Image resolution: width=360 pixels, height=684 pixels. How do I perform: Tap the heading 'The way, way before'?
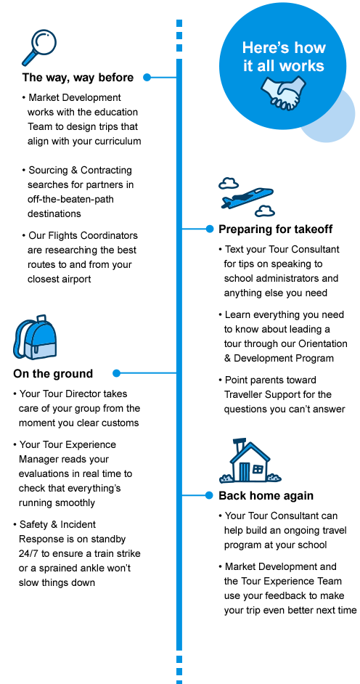pyautogui.click(x=78, y=78)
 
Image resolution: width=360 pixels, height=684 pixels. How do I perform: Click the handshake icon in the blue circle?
pyautogui.click(x=283, y=93)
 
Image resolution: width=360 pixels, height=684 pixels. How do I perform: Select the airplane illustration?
pyautogui.click(x=247, y=197)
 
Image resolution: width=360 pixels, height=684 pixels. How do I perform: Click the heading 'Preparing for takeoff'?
pyautogui.click(x=276, y=229)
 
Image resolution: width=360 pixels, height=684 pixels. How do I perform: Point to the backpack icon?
pyautogui.click(x=35, y=337)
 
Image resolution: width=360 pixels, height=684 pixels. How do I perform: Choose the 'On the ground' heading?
pyautogui.click(x=53, y=374)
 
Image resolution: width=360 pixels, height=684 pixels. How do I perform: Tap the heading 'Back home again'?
pyautogui.click(x=266, y=495)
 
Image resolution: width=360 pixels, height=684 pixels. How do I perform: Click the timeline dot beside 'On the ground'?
pyautogui.click(x=116, y=373)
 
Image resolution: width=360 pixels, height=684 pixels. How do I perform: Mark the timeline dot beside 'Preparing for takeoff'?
pyautogui.click(x=210, y=229)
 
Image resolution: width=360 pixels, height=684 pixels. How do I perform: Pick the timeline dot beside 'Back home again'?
pyautogui.click(x=210, y=495)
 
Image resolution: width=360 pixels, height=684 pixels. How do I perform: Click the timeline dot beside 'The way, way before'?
pyautogui.click(x=147, y=77)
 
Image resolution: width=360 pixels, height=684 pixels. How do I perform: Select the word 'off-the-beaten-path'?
pyautogui.click(x=70, y=199)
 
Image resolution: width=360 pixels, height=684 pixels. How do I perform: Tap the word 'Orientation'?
pyautogui.click(x=322, y=343)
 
